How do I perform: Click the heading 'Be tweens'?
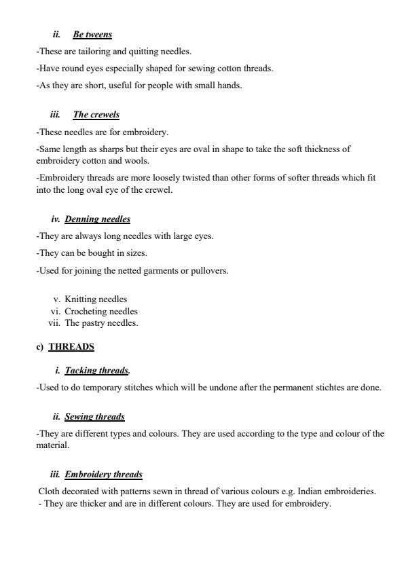[x=92, y=35]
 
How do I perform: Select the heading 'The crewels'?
[x=96, y=115]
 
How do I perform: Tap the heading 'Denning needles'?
[x=97, y=219]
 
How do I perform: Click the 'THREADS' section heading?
[x=71, y=347]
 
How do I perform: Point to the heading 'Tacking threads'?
[x=96, y=371]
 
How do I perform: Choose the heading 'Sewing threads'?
[x=94, y=416]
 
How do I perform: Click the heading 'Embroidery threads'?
[x=103, y=475]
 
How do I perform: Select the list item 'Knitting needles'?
[x=96, y=299]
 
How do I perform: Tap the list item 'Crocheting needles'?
[x=101, y=312]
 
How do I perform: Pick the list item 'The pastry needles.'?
[x=101, y=323]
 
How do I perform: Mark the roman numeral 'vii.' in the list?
[x=55, y=323]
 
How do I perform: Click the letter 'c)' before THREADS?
[x=39, y=347]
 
